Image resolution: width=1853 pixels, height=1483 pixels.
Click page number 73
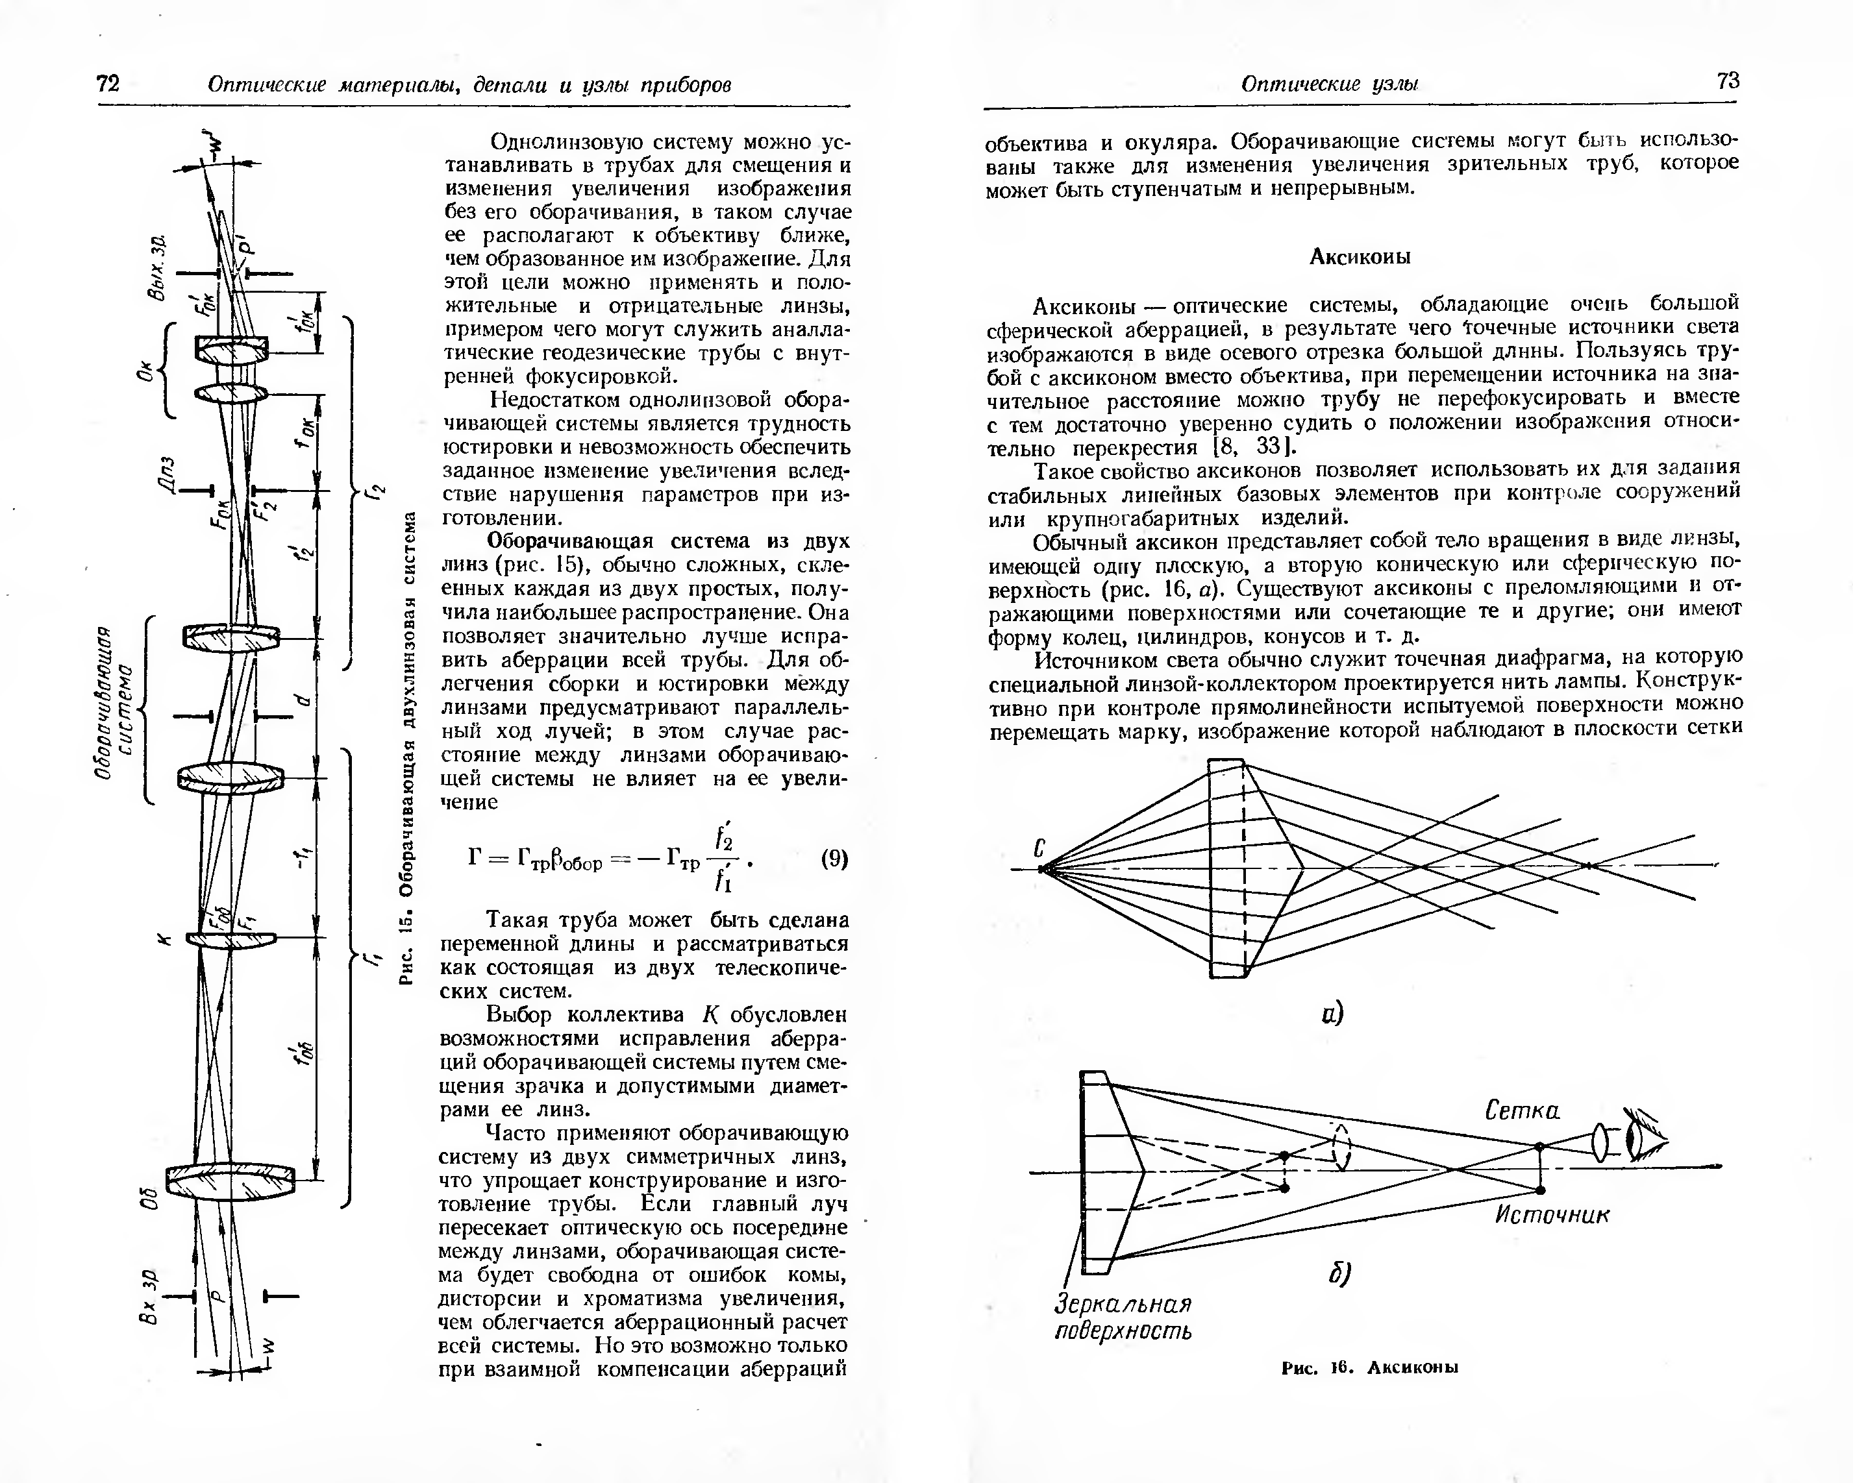click(x=1728, y=80)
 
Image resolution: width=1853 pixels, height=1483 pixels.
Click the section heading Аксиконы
click(x=1360, y=257)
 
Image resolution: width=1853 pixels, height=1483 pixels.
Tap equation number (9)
click(x=834, y=859)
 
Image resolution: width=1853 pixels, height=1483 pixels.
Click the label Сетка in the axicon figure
click(x=1522, y=1111)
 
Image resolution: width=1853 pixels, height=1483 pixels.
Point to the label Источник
click(x=1551, y=1214)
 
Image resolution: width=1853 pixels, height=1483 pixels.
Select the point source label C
click(x=1039, y=849)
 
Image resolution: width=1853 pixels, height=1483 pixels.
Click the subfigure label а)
click(x=1333, y=1014)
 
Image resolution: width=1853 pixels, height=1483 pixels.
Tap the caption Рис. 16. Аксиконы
click(x=1370, y=1368)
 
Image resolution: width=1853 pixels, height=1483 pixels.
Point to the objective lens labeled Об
click(x=230, y=1181)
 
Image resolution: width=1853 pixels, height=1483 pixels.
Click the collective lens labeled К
click(x=230, y=938)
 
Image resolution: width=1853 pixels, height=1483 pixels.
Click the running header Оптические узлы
click(x=1330, y=84)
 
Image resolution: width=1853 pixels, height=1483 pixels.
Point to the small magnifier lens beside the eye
click(x=1600, y=1143)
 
